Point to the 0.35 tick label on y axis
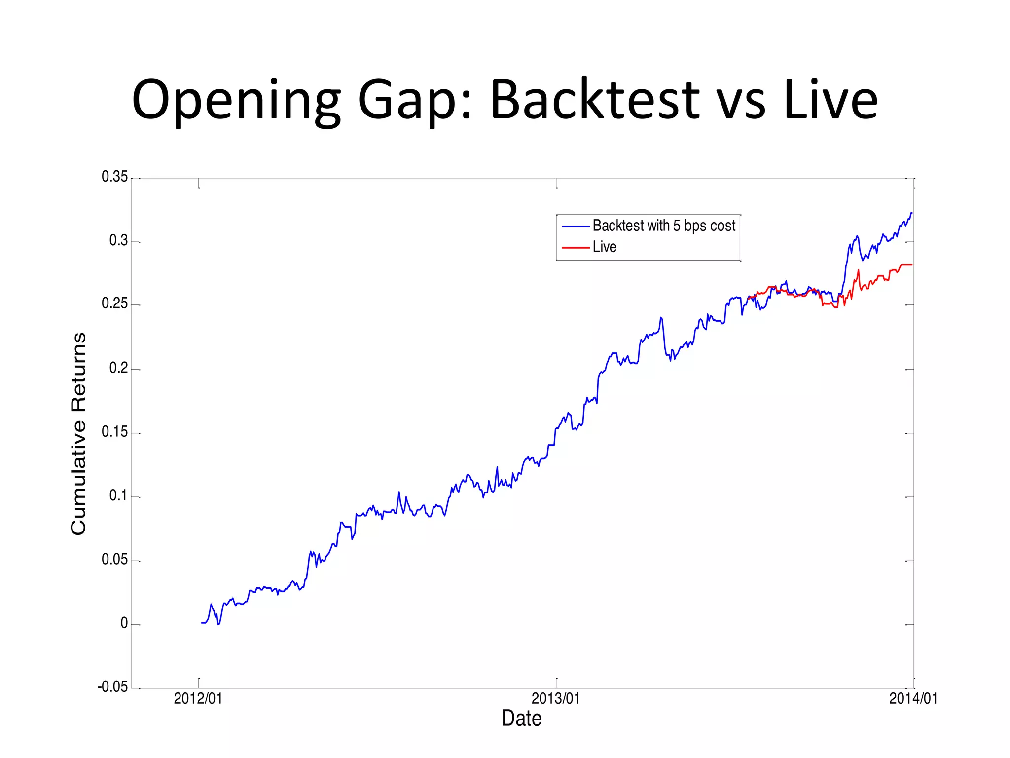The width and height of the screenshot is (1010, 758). (x=114, y=177)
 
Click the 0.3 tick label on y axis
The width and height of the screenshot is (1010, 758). (x=118, y=241)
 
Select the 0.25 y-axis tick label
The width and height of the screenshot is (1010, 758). (x=114, y=304)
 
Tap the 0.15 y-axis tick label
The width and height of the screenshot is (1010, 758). (x=114, y=432)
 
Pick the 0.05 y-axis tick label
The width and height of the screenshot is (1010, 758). (x=114, y=560)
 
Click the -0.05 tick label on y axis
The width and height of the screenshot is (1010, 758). (x=112, y=687)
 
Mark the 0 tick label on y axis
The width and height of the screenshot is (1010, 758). (x=124, y=624)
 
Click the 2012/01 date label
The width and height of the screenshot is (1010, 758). (x=198, y=699)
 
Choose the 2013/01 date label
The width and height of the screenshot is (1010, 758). (x=556, y=699)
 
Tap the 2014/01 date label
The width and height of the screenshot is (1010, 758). (x=913, y=699)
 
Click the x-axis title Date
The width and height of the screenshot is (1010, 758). (x=521, y=719)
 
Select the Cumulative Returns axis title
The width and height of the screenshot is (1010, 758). (x=79, y=433)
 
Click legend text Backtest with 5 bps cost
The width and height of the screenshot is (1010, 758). (x=664, y=226)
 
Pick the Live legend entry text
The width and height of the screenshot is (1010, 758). (x=605, y=247)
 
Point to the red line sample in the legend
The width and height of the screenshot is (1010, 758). (x=576, y=247)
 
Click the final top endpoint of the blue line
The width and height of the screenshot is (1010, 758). (x=912, y=213)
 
